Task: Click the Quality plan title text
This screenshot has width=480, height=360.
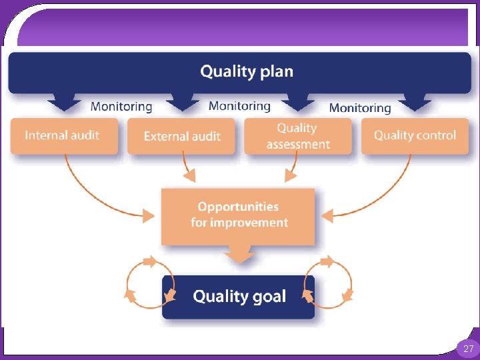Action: coord(247,71)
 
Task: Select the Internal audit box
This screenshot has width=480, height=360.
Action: coord(63,135)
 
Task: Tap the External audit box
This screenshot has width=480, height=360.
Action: coord(182,136)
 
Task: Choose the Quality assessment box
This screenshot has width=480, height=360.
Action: coord(298,136)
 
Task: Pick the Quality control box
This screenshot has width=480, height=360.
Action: coord(415,135)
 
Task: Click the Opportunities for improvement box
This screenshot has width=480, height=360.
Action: coord(239,215)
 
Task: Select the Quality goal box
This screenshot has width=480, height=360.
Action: coord(239,296)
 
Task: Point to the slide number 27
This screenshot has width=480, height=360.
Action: coord(468,348)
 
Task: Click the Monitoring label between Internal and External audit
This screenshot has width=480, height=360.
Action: coord(121,106)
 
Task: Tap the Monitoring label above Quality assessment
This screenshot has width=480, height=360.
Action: coord(239,105)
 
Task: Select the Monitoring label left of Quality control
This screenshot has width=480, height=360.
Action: coord(360,107)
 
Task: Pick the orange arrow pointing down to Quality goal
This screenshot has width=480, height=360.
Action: coord(239,254)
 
